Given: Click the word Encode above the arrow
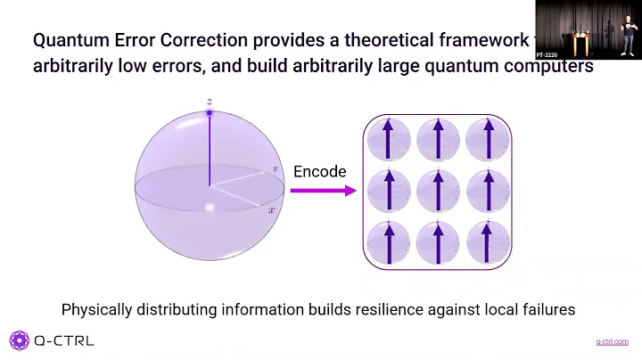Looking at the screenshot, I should [x=319, y=171].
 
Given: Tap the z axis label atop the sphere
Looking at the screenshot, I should [x=209, y=102].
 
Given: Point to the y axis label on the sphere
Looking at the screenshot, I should [x=276, y=168].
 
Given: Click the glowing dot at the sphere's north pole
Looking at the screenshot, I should [x=209, y=113].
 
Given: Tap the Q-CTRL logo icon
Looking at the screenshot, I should [x=20, y=340].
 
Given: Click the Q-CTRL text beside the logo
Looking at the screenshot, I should [x=63, y=340].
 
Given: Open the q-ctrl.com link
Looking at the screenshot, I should [x=611, y=341].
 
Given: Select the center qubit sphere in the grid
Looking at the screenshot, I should [x=438, y=190].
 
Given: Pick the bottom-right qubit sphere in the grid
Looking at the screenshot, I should [x=487, y=241].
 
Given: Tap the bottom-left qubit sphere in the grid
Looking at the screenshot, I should [x=389, y=241].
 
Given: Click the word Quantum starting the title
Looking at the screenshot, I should [x=68, y=40].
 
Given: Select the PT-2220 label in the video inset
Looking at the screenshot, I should [x=547, y=54].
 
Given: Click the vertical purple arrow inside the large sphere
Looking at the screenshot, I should [x=209, y=151].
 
